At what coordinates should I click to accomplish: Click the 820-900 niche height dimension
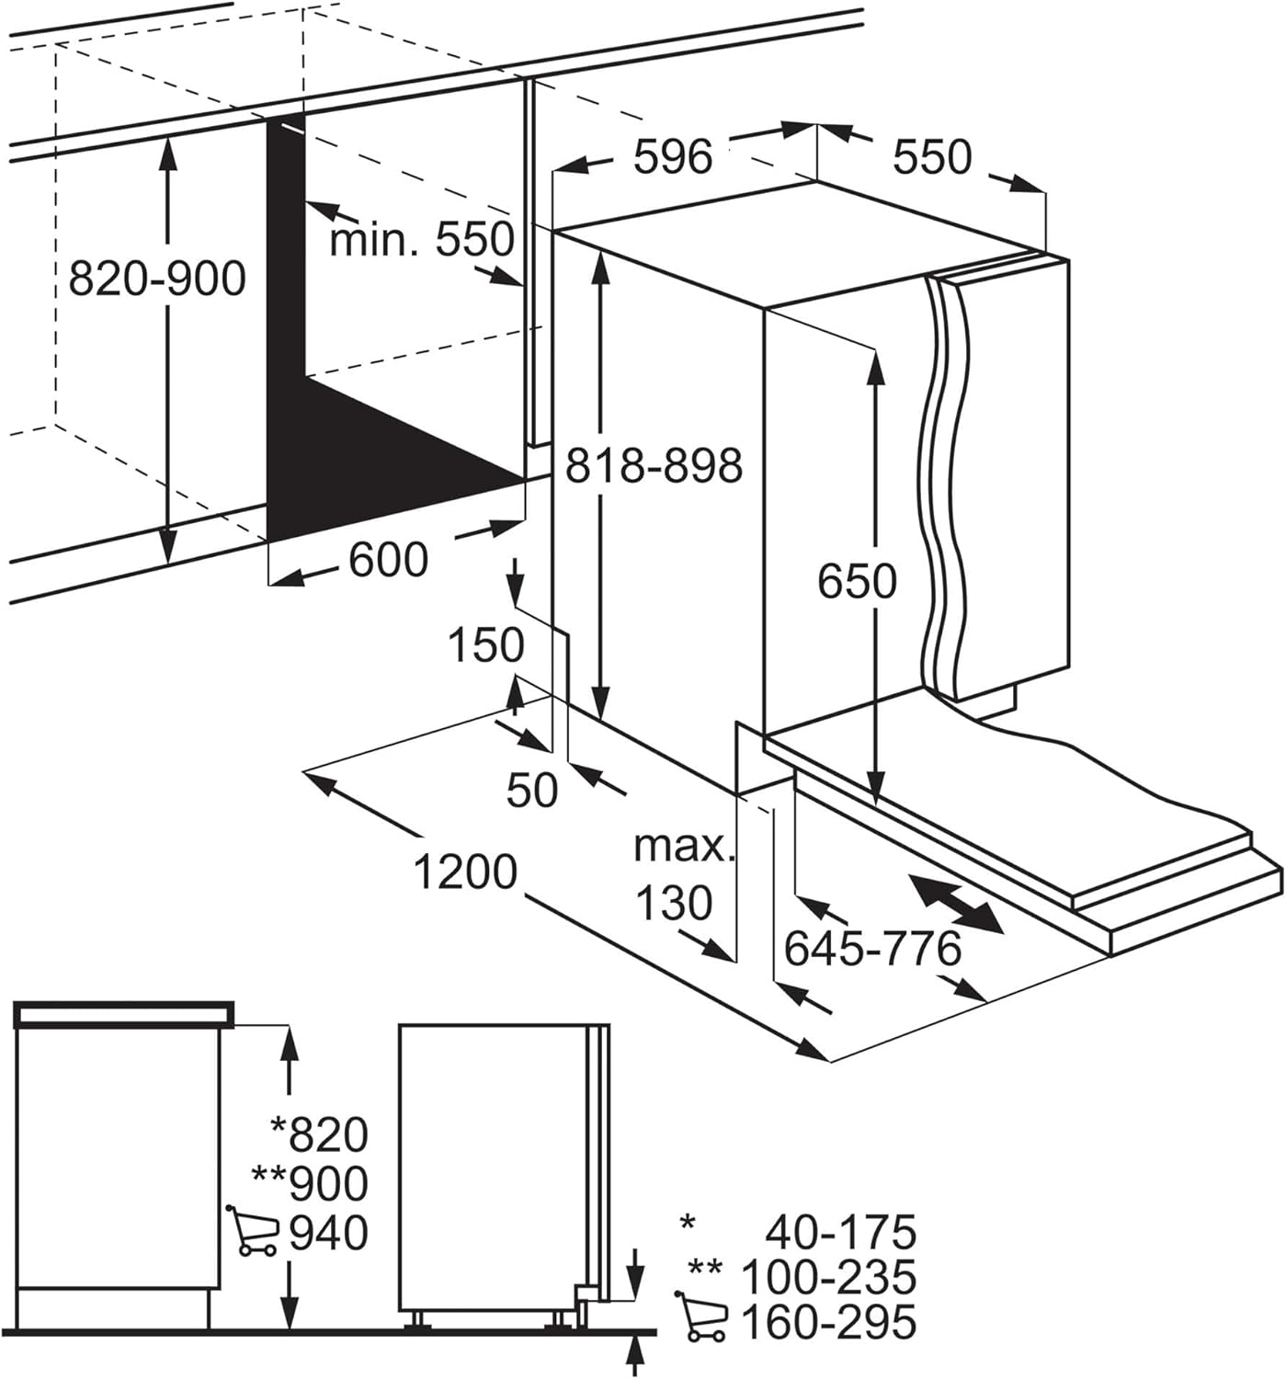click(157, 279)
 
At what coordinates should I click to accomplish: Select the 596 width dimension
click(674, 156)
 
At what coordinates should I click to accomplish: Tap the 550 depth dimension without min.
click(932, 157)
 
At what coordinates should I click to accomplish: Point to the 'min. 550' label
click(422, 240)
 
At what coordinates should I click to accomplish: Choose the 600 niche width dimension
click(388, 559)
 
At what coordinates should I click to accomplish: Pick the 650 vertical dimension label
click(857, 581)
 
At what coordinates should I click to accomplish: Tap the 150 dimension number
click(485, 645)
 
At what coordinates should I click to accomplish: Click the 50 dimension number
click(532, 790)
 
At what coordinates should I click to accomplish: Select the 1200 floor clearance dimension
click(465, 872)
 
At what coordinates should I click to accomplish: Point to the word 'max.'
click(685, 847)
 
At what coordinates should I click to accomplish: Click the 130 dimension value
click(674, 903)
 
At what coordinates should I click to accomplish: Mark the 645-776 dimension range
click(873, 949)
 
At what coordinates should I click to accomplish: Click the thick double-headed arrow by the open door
click(956, 904)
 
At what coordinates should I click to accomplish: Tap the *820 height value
click(319, 1134)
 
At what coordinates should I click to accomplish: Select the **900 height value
click(310, 1184)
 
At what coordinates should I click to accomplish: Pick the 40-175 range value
click(841, 1233)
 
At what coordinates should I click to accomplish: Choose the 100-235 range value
click(829, 1277)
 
